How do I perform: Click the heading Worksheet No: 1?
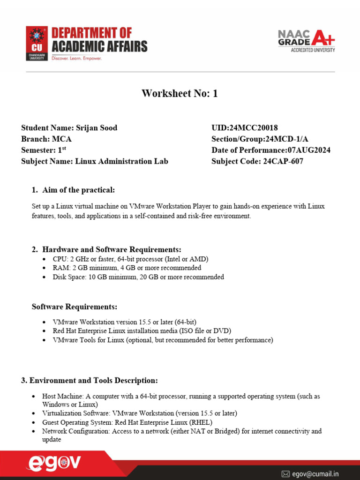pos(180,94)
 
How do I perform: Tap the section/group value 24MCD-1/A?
pos(287,139)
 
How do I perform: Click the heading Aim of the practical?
pos(78,190)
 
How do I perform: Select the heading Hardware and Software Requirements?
pos(112,249)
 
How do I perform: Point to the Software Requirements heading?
pos(74,307)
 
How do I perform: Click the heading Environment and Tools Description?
pos(89,380)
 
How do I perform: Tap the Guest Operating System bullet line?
pos(127,422)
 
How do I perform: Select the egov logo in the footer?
pos(54,464)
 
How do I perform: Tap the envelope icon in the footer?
pos(285,474)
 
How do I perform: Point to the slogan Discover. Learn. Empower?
pos(76,59)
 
